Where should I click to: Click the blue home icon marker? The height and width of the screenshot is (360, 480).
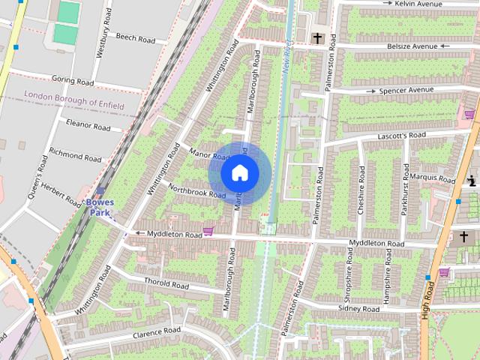click(x=239, y=173)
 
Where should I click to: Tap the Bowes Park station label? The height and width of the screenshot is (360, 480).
click(x=100, y=207)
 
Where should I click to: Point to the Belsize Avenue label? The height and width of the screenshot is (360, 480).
click(x=408, y=46)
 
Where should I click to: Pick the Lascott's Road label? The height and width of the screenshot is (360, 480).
click(x=402, y=135)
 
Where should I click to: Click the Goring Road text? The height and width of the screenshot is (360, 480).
click(x=73, y=81)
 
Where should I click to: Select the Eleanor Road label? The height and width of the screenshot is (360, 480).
click(x=88, y=124)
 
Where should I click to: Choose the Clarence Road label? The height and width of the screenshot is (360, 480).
click(x=157, y=331)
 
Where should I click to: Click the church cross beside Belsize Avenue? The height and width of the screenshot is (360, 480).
click(x=317, y=37)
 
